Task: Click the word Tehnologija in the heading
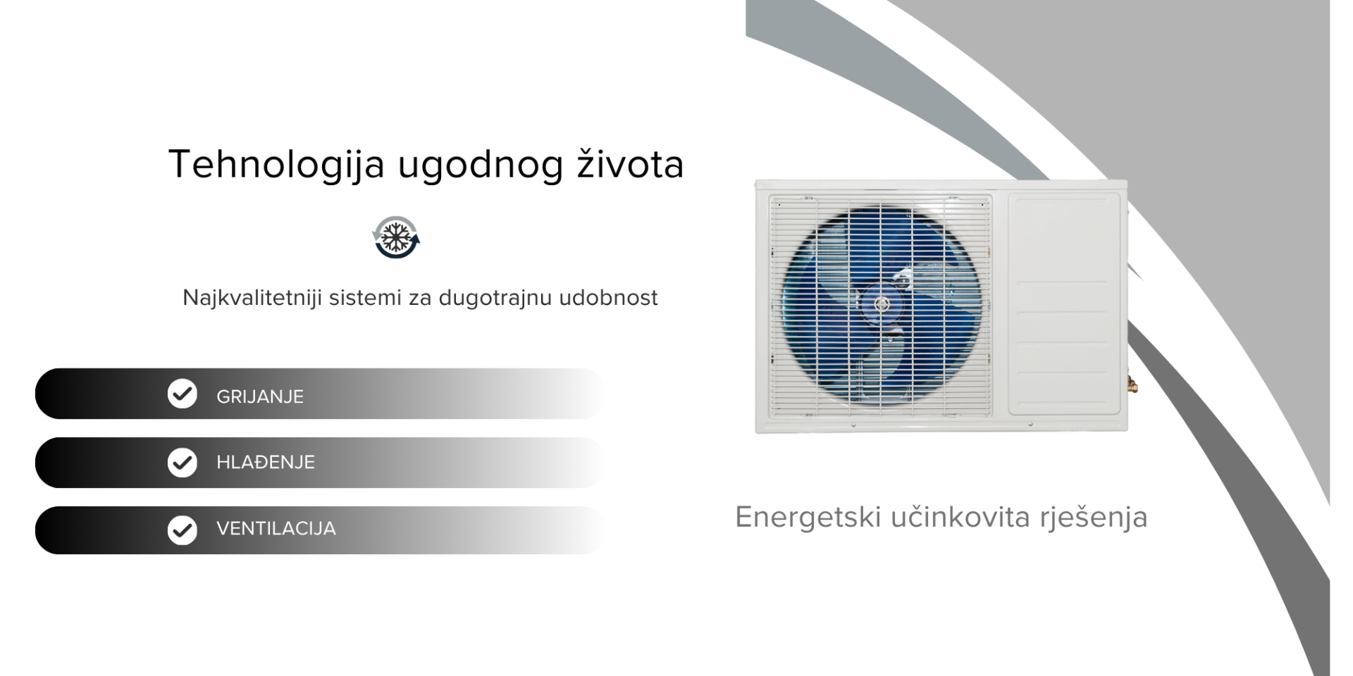coord(277,165)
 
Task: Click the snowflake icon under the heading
coord(396,237)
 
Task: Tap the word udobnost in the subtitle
coord(608,297)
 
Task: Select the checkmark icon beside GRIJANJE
coord(183,394)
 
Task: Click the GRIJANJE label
coord(260,396)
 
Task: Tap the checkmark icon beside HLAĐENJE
coord(183,463)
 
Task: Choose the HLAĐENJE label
coord(266,462)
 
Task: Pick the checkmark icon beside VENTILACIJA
coord(183,530)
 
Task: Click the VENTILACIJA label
coord(276,529)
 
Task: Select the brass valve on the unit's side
coord(1132,384)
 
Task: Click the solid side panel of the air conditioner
coord(1064,304)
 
